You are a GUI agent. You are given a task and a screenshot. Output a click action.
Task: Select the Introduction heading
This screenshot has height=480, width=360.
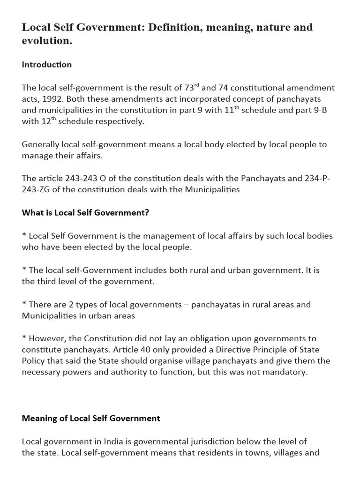(x=46, y=65)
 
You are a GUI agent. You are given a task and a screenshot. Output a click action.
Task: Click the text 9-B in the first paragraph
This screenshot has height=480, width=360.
(x=322, y=110)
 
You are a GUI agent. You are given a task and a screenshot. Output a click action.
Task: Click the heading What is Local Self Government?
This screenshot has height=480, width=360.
(x=85, y=212)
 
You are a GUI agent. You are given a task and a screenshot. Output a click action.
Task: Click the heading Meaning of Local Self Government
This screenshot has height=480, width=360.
(x=91, y=418)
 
